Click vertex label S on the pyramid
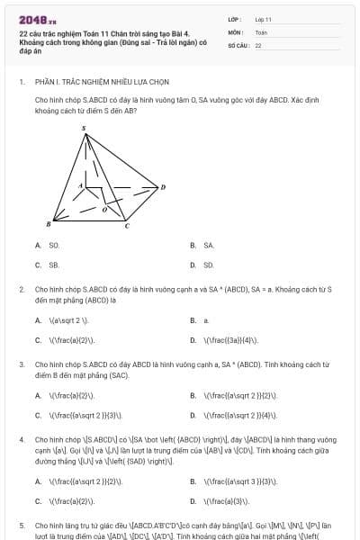click(x=85, y=129)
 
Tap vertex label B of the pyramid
click(x=48, y=222)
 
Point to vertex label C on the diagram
click(x=126, y=226)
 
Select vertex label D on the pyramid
click(x=163, y=186)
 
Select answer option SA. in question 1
click(x=209, y=245)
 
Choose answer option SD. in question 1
click(x=209, y=265)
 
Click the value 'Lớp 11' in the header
click(x=264, y=19)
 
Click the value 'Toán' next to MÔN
click(x=261, y=31)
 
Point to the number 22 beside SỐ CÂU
click(x=258, y=44)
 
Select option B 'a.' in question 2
click(x=206, y=319)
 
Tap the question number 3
click(x=22, y=364)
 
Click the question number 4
click(x=22, y=439)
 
